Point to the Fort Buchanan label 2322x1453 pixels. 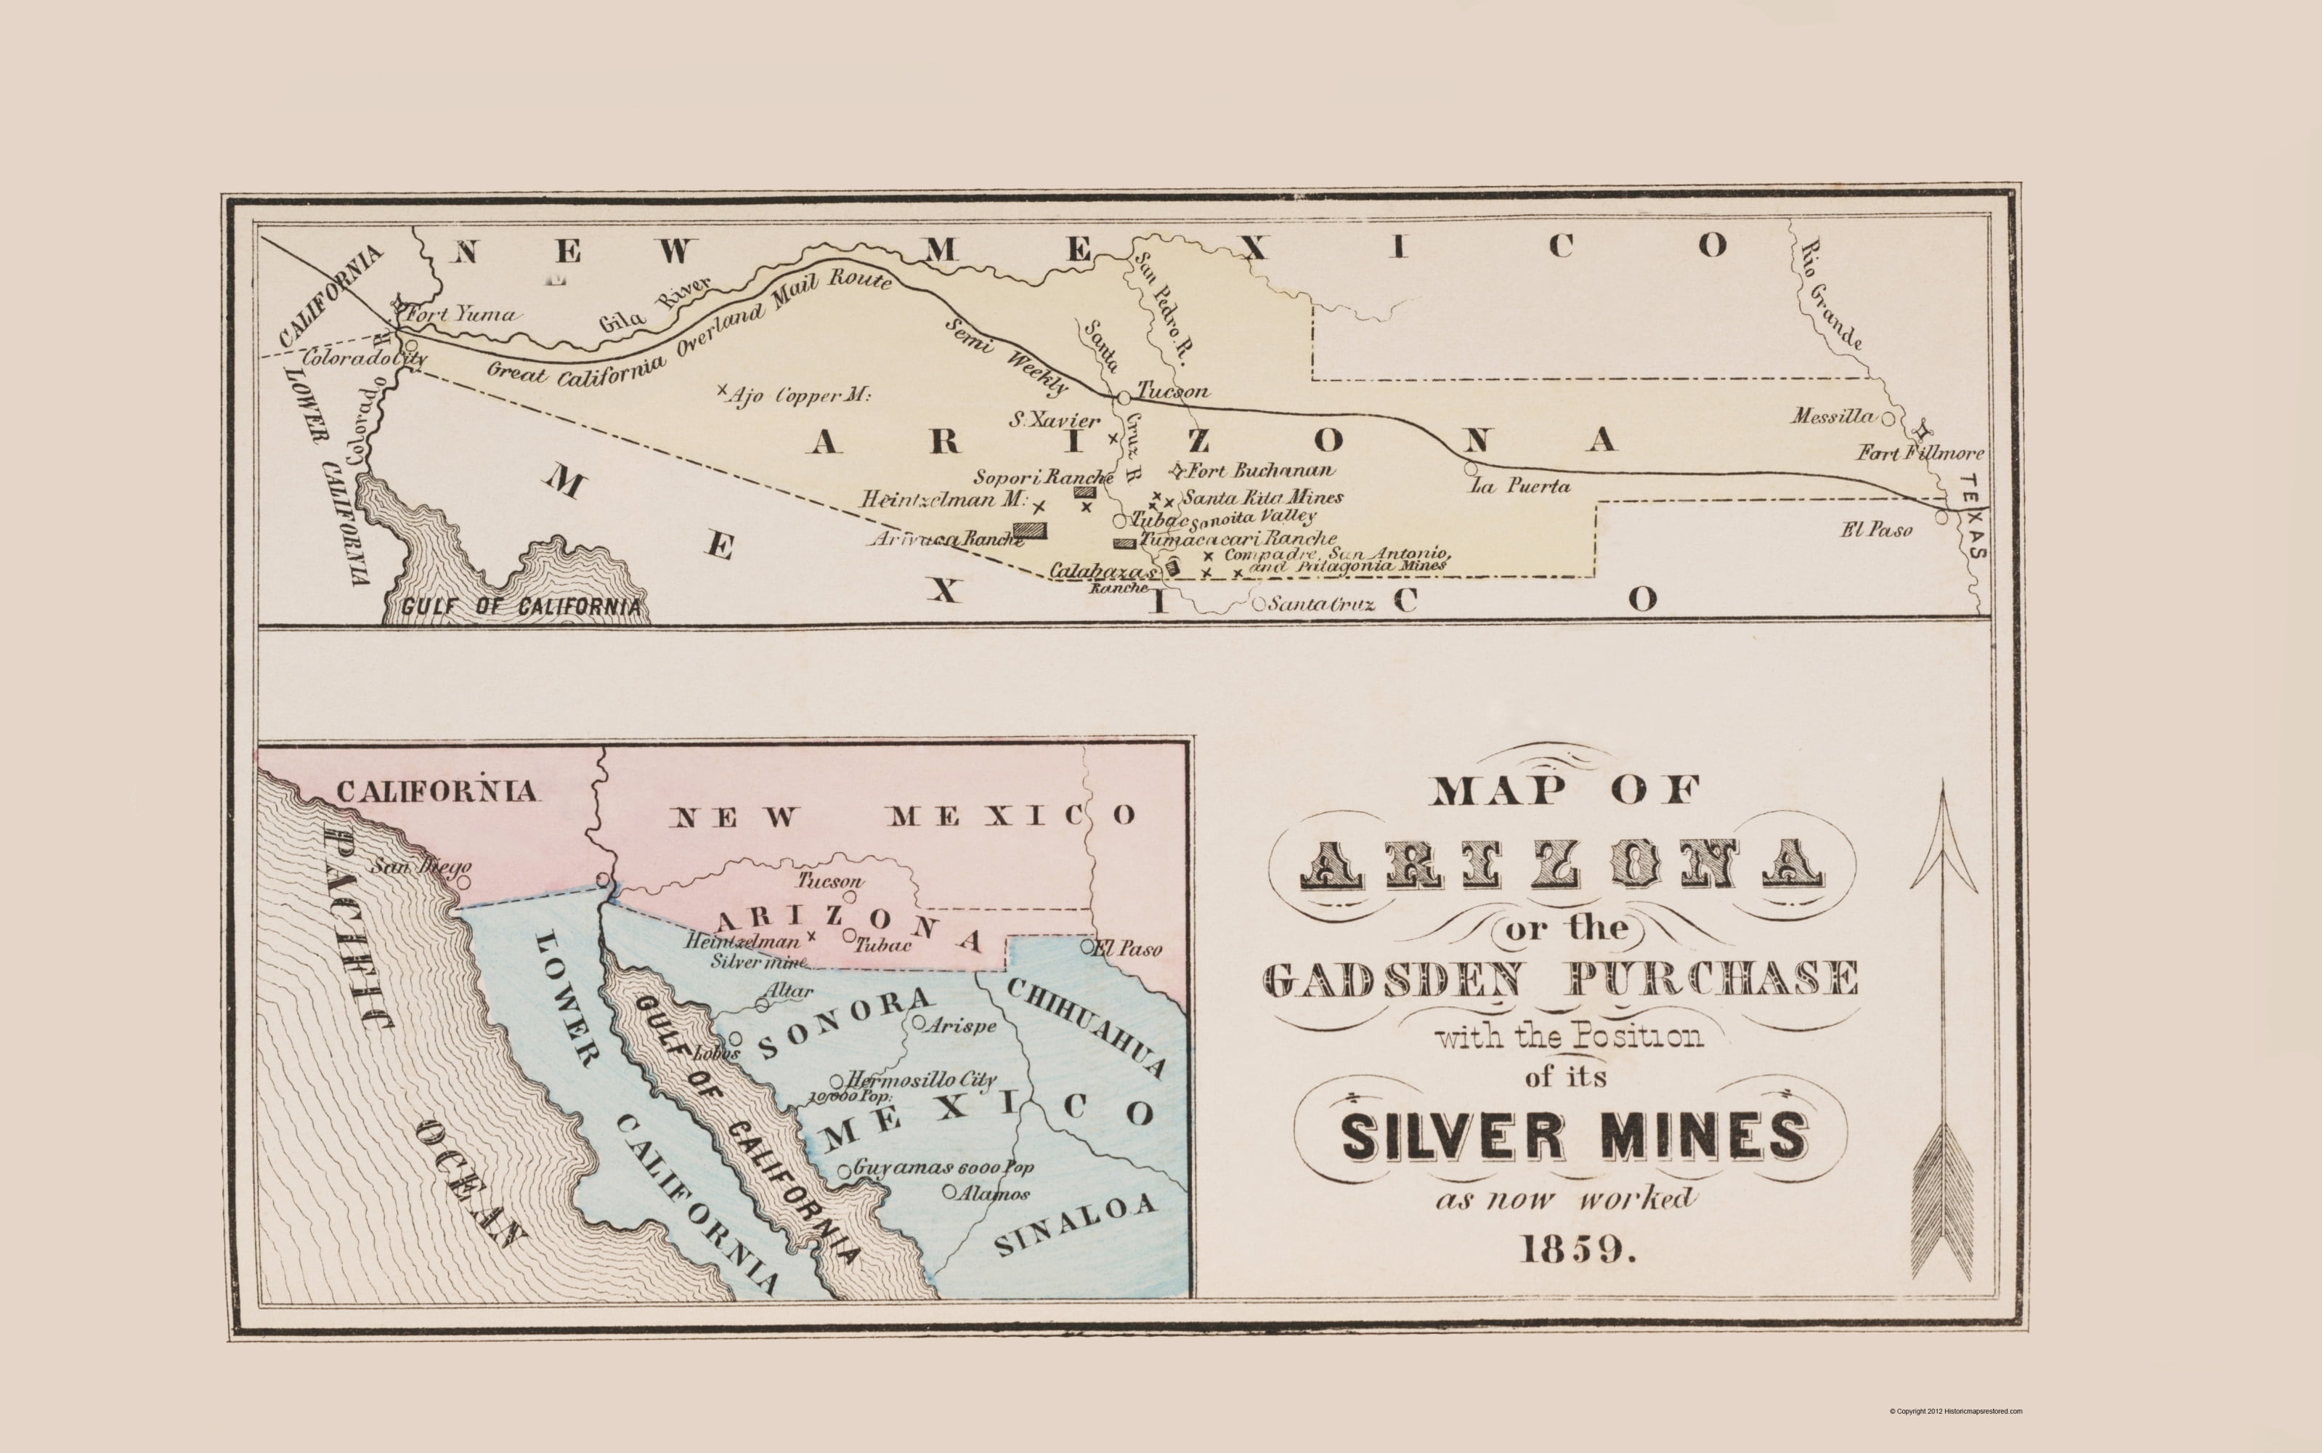coord(1260,471)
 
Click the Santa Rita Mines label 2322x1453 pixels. coord(1262,498)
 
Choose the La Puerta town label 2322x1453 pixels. coord(1521,486)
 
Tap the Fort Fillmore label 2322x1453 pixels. coord(1918,453)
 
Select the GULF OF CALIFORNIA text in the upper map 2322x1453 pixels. coord(521,607)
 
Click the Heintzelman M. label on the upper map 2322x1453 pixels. coord(943,501)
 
